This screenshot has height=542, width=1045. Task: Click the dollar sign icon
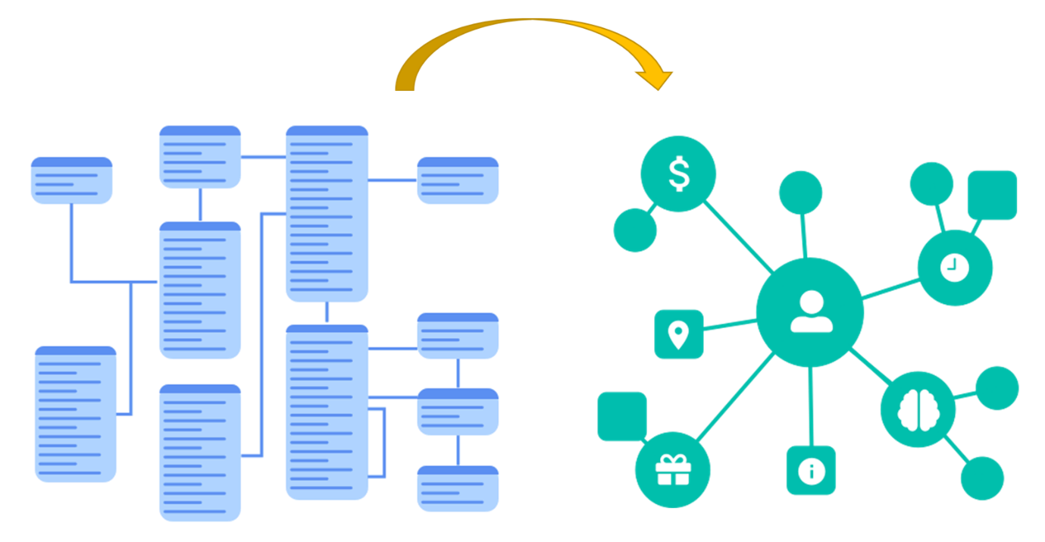pos(679,174)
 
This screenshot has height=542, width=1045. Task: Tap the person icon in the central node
pos(811,312)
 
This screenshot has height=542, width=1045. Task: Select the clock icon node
pos(954,267)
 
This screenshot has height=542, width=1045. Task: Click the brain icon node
pos(918,409)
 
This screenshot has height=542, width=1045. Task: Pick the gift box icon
pos(673,469)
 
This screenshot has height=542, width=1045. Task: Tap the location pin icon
pos(678,334)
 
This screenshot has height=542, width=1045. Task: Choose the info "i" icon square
pos(811,471)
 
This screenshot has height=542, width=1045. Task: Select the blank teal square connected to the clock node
pos(992,195)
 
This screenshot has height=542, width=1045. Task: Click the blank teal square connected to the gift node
pos(622,415)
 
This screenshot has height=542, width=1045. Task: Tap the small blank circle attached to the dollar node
pos(634,230)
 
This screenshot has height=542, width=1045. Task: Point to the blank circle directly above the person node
pos(800,193)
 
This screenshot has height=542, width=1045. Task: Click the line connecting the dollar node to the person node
pos(739,236)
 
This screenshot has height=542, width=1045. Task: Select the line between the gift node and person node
pos(733,398)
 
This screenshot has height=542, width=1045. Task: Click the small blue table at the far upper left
pos(72,180)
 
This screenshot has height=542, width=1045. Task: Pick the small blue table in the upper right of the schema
pos(458,180)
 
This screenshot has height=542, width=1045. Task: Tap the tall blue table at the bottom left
pos(76,414)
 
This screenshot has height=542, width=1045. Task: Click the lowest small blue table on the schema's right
pos(458,489)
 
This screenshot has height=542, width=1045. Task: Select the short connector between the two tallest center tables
pos(327,313)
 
